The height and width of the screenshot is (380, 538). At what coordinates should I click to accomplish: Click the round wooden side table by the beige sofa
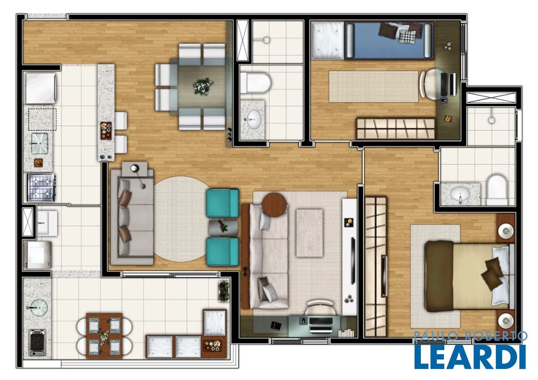click(274, 204)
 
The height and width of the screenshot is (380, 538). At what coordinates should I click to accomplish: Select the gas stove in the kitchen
click(41, 187)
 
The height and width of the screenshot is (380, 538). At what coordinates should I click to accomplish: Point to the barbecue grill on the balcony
click(37, 342)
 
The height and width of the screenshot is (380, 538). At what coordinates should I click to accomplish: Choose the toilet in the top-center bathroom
click(256, 82)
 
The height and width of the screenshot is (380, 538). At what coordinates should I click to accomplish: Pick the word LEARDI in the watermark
click(470, 356)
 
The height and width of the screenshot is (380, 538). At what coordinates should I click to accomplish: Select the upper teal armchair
click(222, 203)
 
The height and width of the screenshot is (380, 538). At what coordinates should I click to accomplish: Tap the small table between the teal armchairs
click(223, 227)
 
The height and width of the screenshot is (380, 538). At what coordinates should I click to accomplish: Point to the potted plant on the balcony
click(224, 291)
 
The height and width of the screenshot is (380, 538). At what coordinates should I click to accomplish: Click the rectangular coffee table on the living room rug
click(309, 233)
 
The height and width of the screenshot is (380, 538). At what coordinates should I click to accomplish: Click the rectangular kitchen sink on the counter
click(40, 143)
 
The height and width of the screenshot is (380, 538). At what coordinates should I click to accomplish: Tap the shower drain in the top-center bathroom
click(266, 40)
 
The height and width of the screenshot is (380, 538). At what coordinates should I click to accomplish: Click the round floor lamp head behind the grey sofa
click(135, 168)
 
